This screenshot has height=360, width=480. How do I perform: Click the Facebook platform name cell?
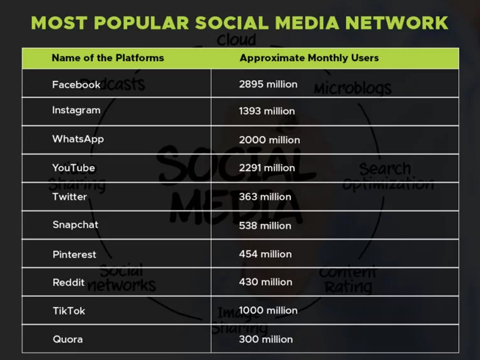click(76, 84)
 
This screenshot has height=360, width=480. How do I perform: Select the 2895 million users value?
click(268, 84)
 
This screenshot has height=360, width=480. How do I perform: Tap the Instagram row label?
click(76, 110)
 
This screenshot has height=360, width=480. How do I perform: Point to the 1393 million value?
click(267, 111)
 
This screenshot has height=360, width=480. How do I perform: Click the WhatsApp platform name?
click(78, 139)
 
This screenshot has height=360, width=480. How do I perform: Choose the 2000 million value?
click(269, 140)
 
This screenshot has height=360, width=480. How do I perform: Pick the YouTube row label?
click(74, 168)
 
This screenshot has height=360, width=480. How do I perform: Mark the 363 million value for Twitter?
click(265, 197)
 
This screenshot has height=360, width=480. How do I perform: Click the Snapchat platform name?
click(75, 224)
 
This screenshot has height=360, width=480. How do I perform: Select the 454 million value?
click(265, 254)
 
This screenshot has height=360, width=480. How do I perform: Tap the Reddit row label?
click(68, 282)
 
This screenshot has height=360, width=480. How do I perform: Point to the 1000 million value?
click(268, 310)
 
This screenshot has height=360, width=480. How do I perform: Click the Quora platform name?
click(68, 339)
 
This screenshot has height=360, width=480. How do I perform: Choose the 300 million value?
click(266, 339)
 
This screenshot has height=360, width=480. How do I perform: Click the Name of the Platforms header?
click(108, 58)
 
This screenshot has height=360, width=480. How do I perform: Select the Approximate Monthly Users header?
click(309, 58)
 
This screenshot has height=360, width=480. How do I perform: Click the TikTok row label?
click(69, 311)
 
